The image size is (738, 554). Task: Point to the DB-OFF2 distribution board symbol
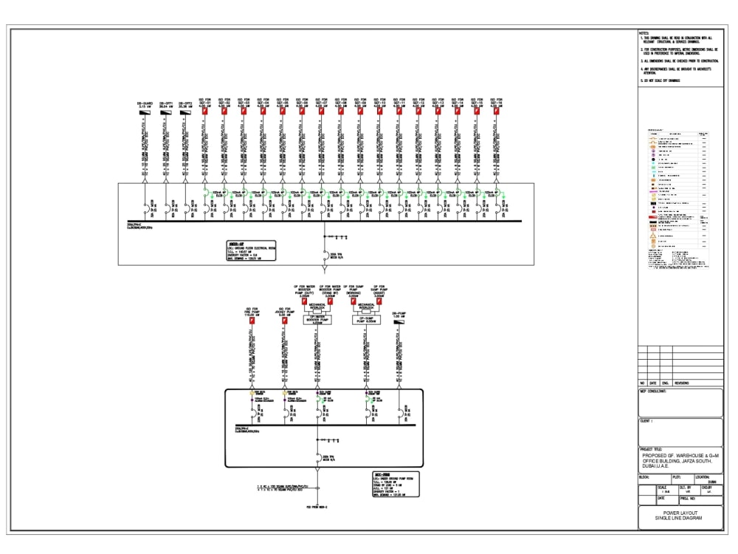(184, 113)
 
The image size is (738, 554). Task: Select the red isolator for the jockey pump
(283, 321)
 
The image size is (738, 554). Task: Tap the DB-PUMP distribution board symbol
(400, 321)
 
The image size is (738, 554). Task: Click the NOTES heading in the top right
(644, 33)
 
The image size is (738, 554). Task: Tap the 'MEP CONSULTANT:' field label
(653, 391)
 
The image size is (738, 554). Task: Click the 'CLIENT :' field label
(646, 421)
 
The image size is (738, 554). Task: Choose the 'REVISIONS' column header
(681, 383)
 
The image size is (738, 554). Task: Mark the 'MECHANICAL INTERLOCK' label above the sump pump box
(367, 304)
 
